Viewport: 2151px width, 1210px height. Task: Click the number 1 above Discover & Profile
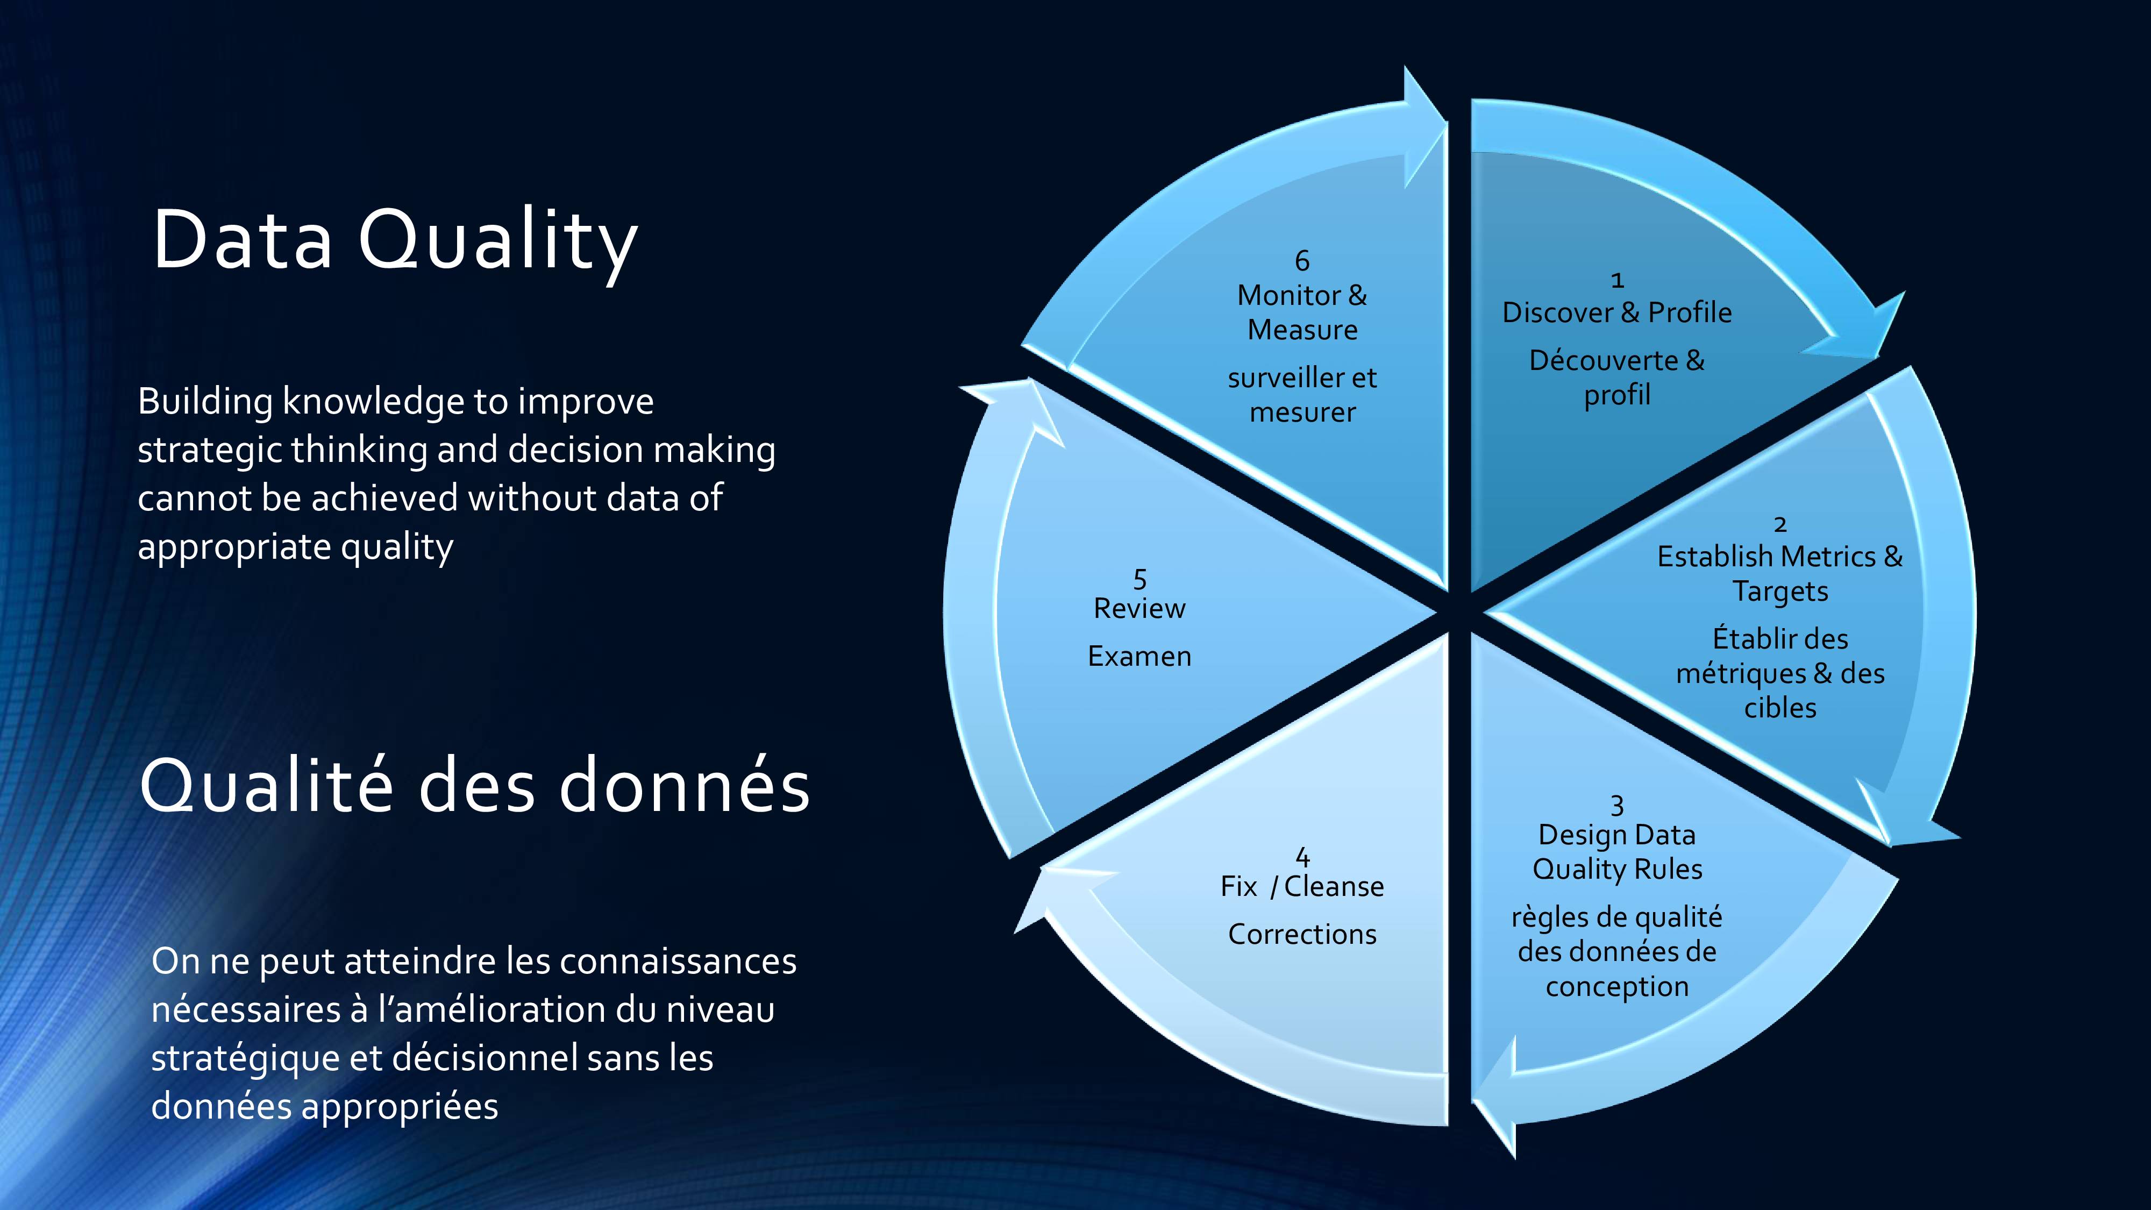click(x=1618, y=281)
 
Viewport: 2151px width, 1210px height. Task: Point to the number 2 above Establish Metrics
click(x=1780, y=524)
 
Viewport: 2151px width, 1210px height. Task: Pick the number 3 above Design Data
click(x=1618, y=805)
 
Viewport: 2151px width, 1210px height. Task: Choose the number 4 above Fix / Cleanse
click(x=1302, y=857)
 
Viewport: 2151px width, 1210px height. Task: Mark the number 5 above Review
click(x=1140, y=579)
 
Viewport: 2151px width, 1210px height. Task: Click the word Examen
click(x=1140, y=656)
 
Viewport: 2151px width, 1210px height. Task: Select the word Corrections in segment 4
click(x=1302, y=934)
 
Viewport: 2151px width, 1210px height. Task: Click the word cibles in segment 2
click(x=1780, y=707)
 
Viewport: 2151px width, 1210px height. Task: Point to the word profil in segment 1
click(x=1618, y=394)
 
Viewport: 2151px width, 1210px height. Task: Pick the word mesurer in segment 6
click(x=1302, y=412)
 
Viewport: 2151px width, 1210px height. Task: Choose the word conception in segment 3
click(x=1618, y=987)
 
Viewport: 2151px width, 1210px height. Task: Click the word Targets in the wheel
click(x=1780, y=591)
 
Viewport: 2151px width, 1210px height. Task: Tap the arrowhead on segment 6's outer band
click(x=1424, y=125)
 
